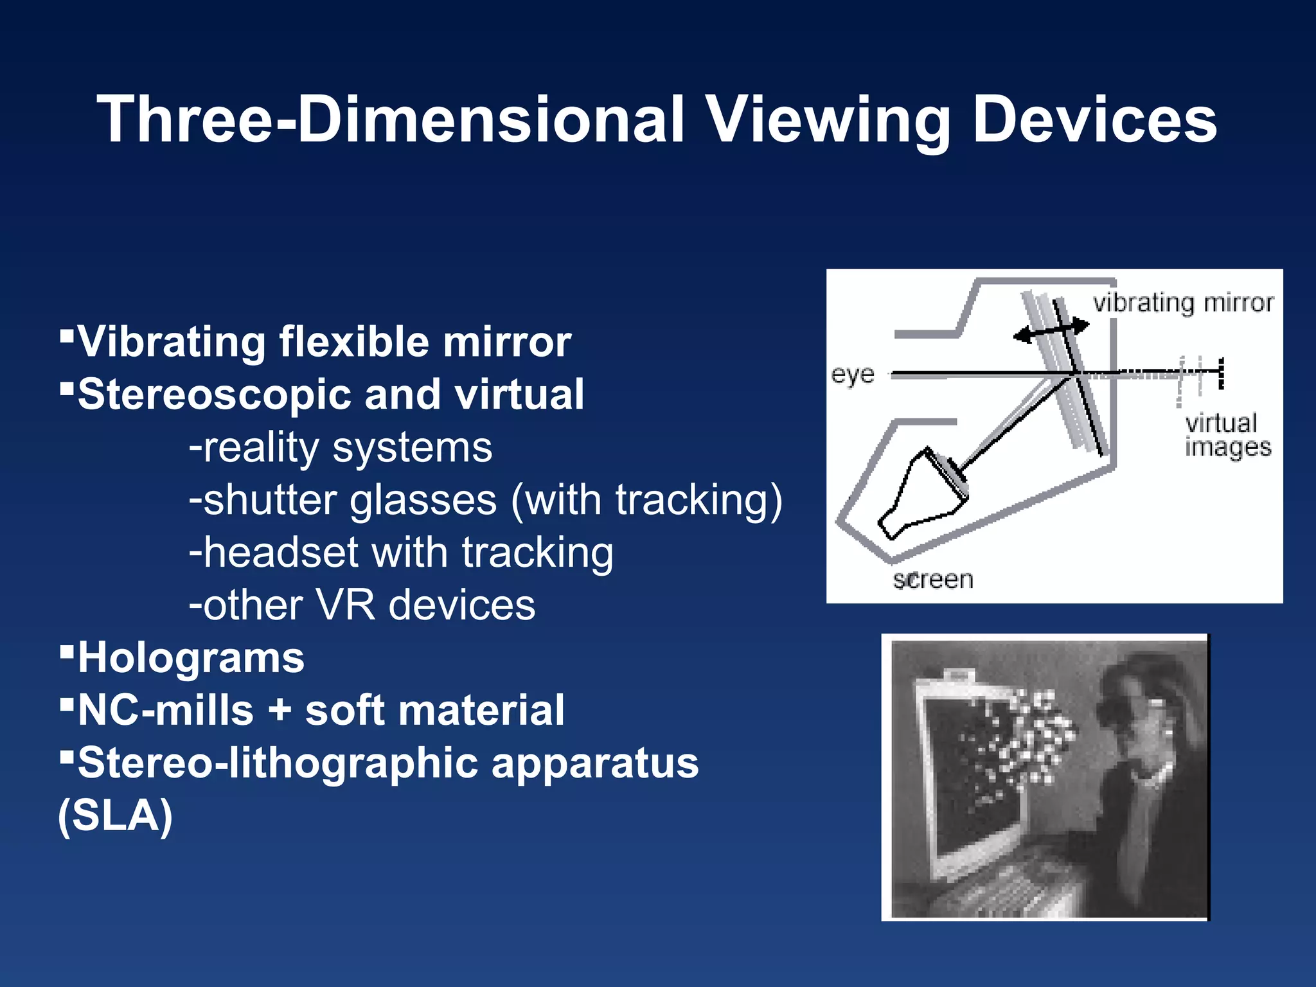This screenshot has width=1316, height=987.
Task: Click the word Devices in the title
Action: point(1094,120)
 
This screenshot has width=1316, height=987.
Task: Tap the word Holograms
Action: point(191,659)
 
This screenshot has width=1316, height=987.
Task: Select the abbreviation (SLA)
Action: point(116,816)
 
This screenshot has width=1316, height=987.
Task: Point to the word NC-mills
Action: point(166,711)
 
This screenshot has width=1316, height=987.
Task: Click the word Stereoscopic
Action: point(215,395)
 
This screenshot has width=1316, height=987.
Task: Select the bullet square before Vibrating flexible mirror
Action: point(66,335)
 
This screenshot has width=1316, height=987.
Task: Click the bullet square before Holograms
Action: point(66,652)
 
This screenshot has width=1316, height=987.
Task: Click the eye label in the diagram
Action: point(853,374)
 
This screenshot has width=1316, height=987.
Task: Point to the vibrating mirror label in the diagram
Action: point(1183,303)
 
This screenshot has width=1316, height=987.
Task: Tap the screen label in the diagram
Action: point(933,580)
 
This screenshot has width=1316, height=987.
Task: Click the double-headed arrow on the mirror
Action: point(1051,331)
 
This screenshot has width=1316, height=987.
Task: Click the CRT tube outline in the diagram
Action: point(922,495)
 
